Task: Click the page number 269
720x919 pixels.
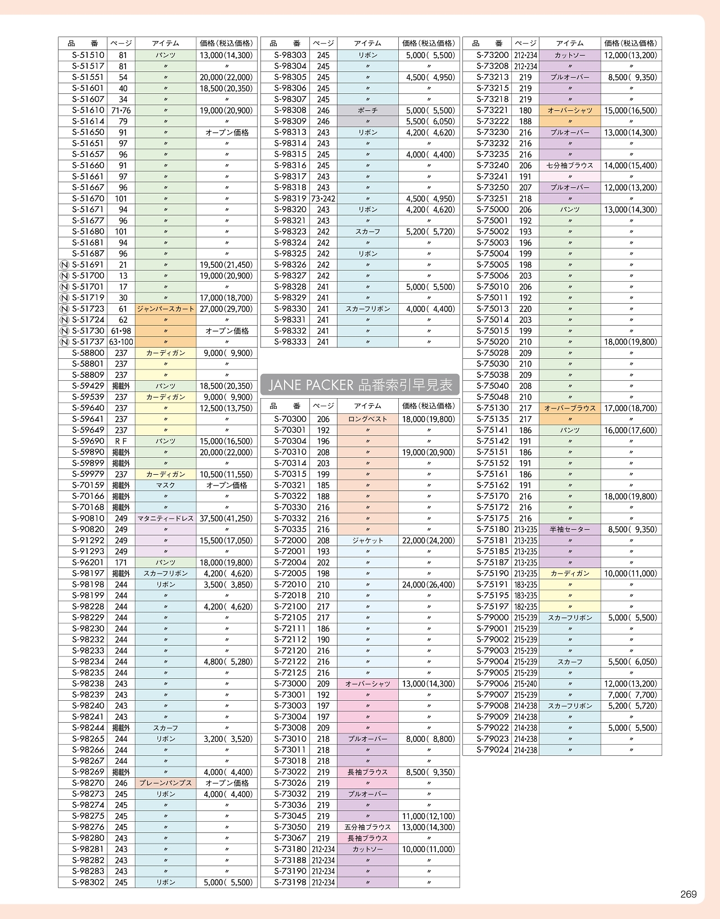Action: [x=688, y=894]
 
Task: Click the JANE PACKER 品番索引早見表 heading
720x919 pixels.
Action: [x=360, y=385]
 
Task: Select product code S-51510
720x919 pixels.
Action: [x=88, y=55]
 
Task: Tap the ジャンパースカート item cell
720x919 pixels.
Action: [x=165, y=309]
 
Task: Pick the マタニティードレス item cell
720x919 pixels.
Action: [x=165, y=519]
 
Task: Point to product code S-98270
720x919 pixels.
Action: [x=88, y=783]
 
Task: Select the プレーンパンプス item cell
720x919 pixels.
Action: [x=165, y=783]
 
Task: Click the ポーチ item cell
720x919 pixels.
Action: [x=367, y=110]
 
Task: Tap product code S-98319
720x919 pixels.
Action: [x=290, y=199]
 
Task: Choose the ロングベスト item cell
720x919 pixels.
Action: [x=367, y=419]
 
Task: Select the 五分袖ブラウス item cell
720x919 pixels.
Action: [x=367, y=827]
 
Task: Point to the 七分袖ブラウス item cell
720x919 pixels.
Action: [x=570, y=165]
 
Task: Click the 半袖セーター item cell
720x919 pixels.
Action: [x=570, y=529]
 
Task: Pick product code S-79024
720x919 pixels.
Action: [x=492, y=750]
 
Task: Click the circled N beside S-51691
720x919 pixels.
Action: [x=64, y=265]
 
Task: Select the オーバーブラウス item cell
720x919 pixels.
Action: [x=570, y=408]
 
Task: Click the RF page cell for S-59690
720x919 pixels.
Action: [x=121, y=442]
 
